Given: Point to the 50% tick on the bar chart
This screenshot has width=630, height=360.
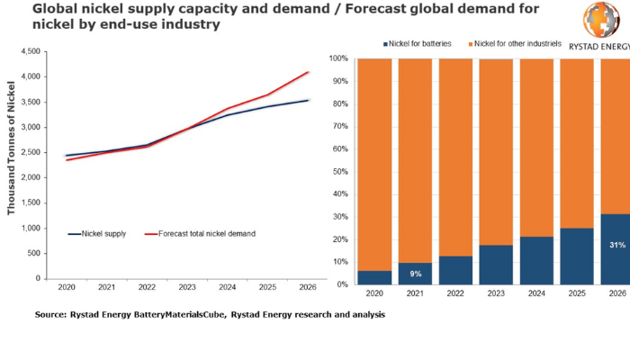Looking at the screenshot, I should coord(341,172).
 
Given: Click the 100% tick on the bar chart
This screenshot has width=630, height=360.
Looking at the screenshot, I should coord(339,59).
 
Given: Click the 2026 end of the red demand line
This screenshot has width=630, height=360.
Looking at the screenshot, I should coord(310,72).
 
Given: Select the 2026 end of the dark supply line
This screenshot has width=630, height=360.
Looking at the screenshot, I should coord(310,100).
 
